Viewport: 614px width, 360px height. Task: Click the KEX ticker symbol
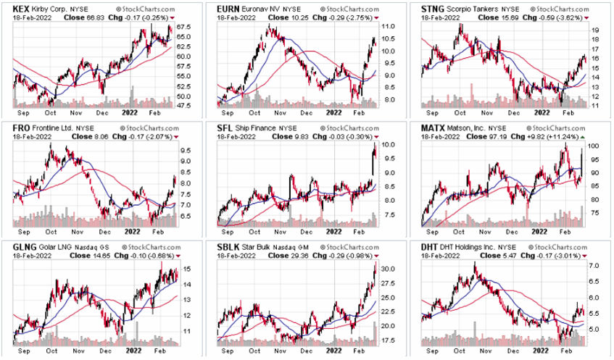click(x=12, y=7)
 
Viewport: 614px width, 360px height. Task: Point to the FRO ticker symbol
click(x=12, y=127)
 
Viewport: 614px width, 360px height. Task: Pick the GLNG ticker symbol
click(x=14, y=247)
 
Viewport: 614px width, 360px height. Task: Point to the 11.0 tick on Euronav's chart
click(x=389, y=27)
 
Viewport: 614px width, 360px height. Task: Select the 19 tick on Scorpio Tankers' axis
click(x=593, y=31)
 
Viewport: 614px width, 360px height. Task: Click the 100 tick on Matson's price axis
click(x=594, y=146)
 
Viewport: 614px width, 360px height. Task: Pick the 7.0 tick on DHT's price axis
click(x=594, y=267)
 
